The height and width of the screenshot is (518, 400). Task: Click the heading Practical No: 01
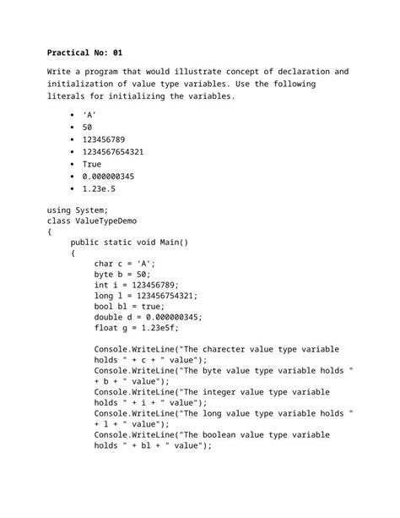pos(85,52)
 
